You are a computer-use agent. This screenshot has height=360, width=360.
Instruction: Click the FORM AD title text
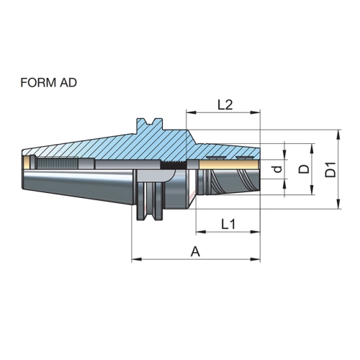pos(49,83)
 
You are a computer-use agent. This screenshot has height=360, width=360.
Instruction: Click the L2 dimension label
pos(225,104)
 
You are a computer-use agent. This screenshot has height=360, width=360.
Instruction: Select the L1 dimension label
pos(228,225)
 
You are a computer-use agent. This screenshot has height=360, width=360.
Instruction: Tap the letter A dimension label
pos(195,252)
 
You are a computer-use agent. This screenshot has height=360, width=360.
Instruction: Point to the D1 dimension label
pos(330,170)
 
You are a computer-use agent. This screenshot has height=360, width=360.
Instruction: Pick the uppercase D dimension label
pos(304,169)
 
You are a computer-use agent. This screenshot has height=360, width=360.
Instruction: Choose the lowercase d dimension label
pos(278,169)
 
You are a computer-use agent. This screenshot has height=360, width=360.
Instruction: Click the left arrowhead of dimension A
pos(137,259)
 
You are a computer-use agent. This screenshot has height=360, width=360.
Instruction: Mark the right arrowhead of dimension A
pos(256,259)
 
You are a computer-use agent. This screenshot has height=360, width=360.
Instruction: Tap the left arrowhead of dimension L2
pos(192,112)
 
